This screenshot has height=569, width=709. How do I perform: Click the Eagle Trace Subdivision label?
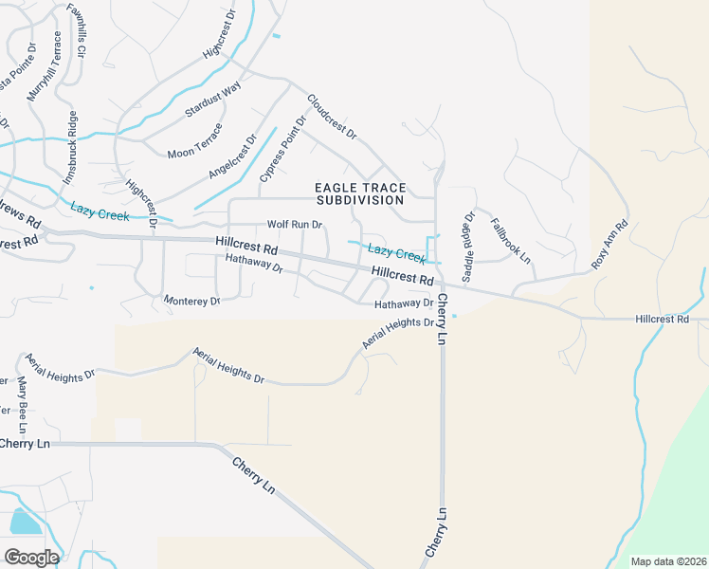tap(360, 194)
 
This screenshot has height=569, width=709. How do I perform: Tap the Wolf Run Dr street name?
tap(295, 225)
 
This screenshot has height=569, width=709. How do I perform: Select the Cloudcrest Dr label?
tap(331, 118)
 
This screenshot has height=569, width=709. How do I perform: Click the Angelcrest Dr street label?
tap(233, 156)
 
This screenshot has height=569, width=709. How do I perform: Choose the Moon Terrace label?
tap(195, 141)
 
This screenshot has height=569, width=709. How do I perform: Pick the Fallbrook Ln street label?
tap(510, 241)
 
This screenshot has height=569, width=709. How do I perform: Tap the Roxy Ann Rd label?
tap(610, 246)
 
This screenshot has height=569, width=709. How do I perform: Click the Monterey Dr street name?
tap(191, 301)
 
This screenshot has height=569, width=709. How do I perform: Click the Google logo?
tap(31, 557)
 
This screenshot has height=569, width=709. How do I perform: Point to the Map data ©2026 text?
tap(668, 561)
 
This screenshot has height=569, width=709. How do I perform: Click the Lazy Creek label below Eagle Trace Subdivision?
tap(395, 252)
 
